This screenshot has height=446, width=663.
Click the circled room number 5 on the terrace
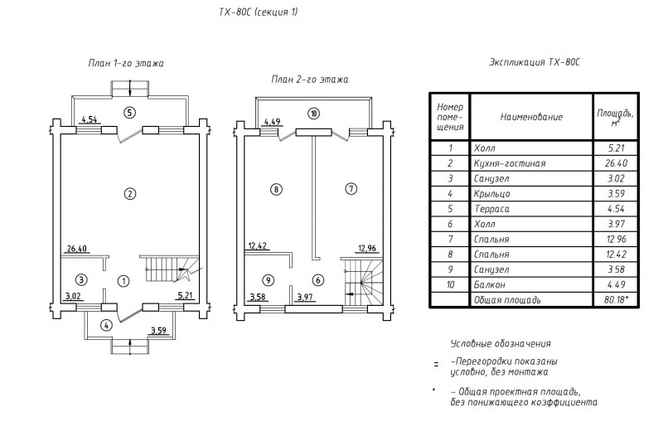(130, 113)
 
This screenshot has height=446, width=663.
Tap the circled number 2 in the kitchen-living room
(130, 194)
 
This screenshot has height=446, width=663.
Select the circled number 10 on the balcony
(313, 114)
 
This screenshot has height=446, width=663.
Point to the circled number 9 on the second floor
(268, 280)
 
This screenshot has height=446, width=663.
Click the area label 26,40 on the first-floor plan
(76, 249)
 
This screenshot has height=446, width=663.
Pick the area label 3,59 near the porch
(158, 331)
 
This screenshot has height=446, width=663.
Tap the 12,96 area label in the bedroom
(367, 249)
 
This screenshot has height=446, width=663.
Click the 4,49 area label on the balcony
(272, 123)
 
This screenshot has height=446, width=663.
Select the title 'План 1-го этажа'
(126, 64)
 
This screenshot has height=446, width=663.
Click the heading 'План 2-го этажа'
(310, 80)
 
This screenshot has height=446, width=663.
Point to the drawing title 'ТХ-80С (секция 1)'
(259, 12)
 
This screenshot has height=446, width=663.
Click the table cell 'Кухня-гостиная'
(510, 163)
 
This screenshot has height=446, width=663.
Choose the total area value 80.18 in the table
(616, 300)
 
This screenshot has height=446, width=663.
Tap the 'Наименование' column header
(531, 117)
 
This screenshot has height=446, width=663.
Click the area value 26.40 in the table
(616, 163)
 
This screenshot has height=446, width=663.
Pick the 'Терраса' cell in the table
(491, 209)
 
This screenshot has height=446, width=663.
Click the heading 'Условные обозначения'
(501, 343)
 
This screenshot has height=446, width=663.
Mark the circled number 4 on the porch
(106, 325)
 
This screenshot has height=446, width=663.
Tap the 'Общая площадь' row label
(507, 300)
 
